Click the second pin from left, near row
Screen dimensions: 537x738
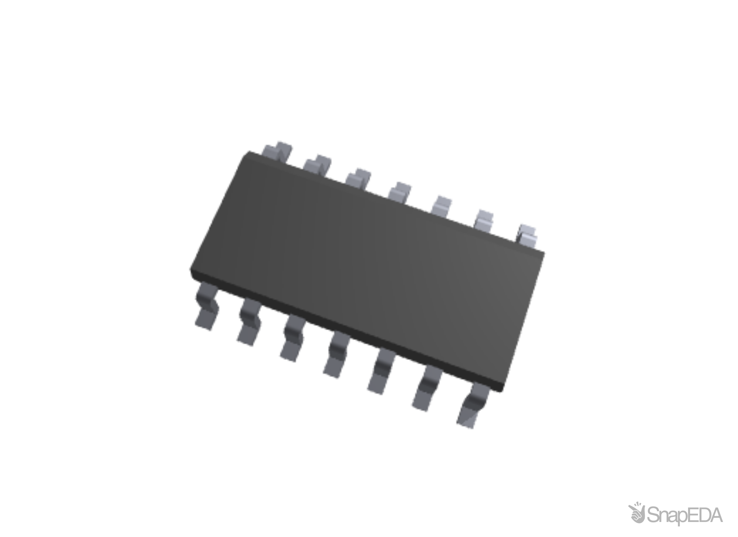click(249, 322)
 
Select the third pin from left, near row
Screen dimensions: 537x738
click(292, 338)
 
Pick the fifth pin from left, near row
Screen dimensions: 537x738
click(381, 372)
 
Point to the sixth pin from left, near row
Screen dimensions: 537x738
click(427, 389)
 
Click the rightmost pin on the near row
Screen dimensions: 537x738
click(473, 407)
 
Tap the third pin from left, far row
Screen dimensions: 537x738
click(358, 178)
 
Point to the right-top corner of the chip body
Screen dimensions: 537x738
click(545, 253)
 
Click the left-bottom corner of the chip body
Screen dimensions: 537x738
click(190, 270)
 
